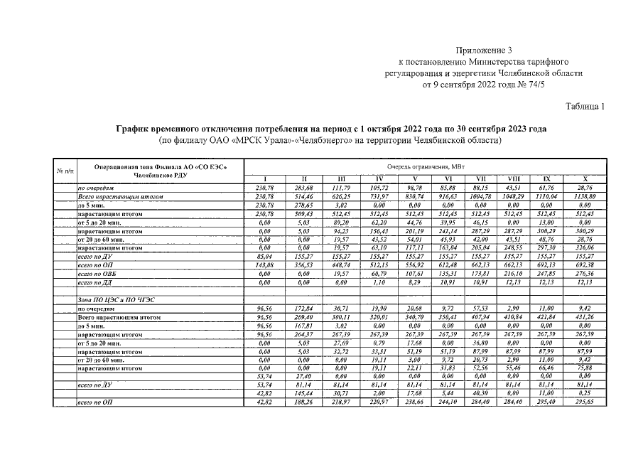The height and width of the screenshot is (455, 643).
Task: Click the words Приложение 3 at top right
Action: (x=484, y=50)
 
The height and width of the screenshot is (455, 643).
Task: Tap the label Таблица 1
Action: (x=584, y=107)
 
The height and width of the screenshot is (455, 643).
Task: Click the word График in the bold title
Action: (x=136, y=129)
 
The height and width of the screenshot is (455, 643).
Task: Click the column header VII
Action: (x=481, y=178)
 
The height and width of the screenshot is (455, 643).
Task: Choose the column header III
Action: (x=342, y=178)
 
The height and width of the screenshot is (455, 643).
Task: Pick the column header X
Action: (x=585, y=178)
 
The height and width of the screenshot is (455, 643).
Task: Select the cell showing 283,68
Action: (x=303, y=186)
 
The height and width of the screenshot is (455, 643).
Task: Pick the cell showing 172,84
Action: (x=303, y=309)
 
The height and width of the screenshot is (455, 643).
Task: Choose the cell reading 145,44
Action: (x=303, y=393)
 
